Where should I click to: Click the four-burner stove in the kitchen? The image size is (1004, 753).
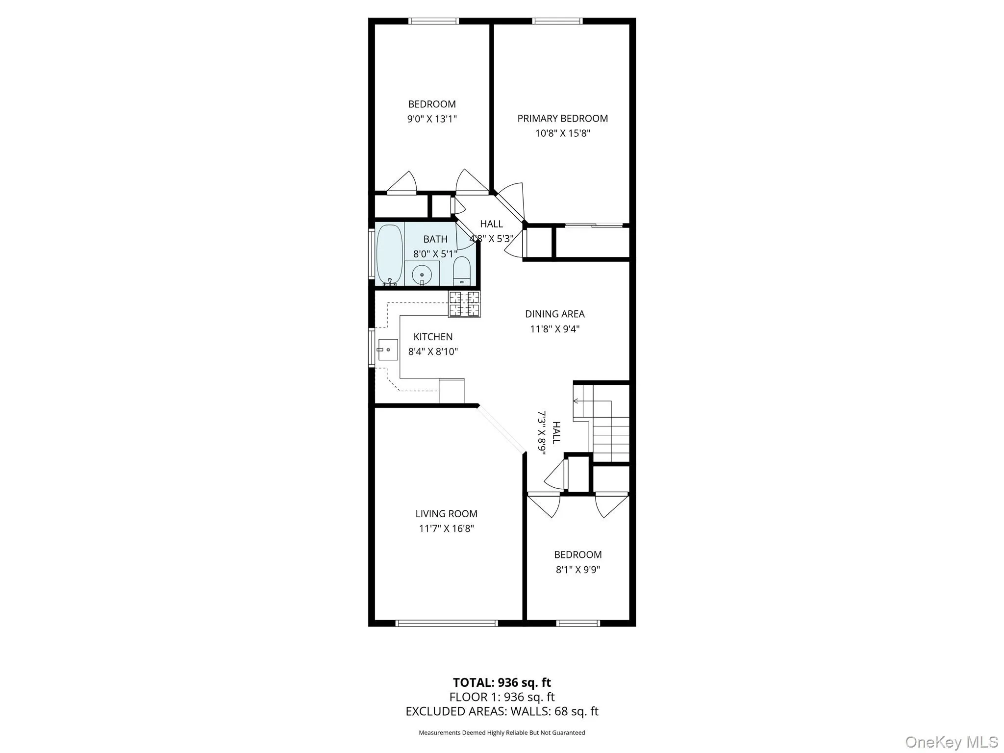pyautogui.click(x=464, y=304)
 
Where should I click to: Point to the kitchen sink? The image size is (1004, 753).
pyautogui.click(x=387, y=350)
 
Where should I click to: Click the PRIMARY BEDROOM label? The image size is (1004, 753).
pyautogui.click(x=562, y=118)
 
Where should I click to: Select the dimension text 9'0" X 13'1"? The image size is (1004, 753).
pyautogui.click(x=432, y=119)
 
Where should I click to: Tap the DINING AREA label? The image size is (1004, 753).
pyautogui.click(x=554, y=314)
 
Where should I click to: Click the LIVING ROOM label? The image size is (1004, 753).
pyautogui.click(x=446, y=514)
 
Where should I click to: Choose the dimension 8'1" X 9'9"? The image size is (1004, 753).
pyautogui.click(x=577, y=570)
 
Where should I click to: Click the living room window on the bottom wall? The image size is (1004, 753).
pyautogui.click(x=446, y=624)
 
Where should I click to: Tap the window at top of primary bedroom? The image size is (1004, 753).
pyautogui.click(x=557, y=21)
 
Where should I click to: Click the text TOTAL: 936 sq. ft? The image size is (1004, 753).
pyautogui.click(x=502, y=682)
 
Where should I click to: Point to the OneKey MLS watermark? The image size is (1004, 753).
pyautogui.click(x=951, y=742)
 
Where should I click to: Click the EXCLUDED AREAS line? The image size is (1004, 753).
pyautogui.click(x=502, y=711)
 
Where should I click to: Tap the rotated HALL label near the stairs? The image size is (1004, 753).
pyautogui.click(x=556, y=432)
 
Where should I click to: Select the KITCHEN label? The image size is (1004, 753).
pyautogui.click(x=433, y=337)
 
